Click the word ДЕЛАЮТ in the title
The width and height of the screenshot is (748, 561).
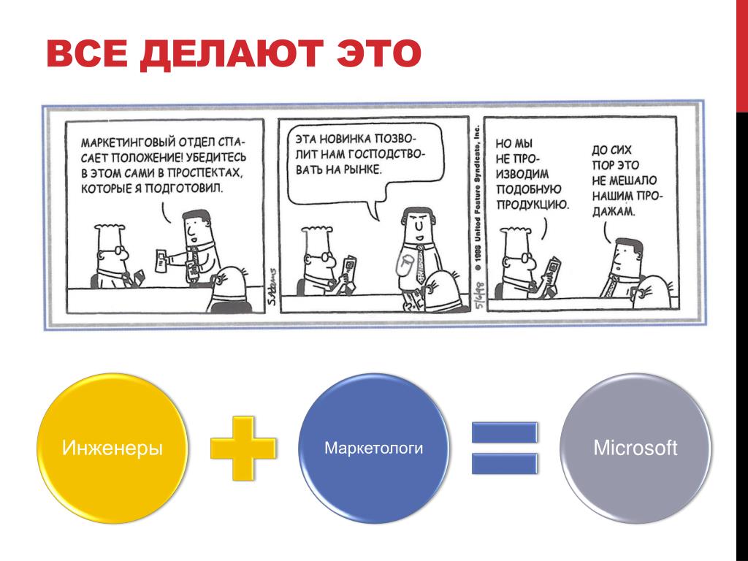coord(232,53)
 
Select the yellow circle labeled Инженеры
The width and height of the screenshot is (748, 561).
coord(112,448)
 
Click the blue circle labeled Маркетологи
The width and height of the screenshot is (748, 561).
coord(373,448)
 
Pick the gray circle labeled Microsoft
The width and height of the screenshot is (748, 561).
coord(636,448)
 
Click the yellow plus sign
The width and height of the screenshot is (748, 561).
coord(243,448)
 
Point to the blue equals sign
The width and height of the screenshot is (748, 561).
coord(505,448)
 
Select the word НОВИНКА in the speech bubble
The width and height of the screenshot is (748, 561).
coord(345,139)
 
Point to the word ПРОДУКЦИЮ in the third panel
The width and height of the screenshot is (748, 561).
coord(533,205)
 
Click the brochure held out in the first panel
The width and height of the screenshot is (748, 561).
coord(161,261)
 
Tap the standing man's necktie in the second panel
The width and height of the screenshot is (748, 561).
coord(420,264)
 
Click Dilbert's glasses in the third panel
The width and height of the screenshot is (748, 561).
coord(524,259)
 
